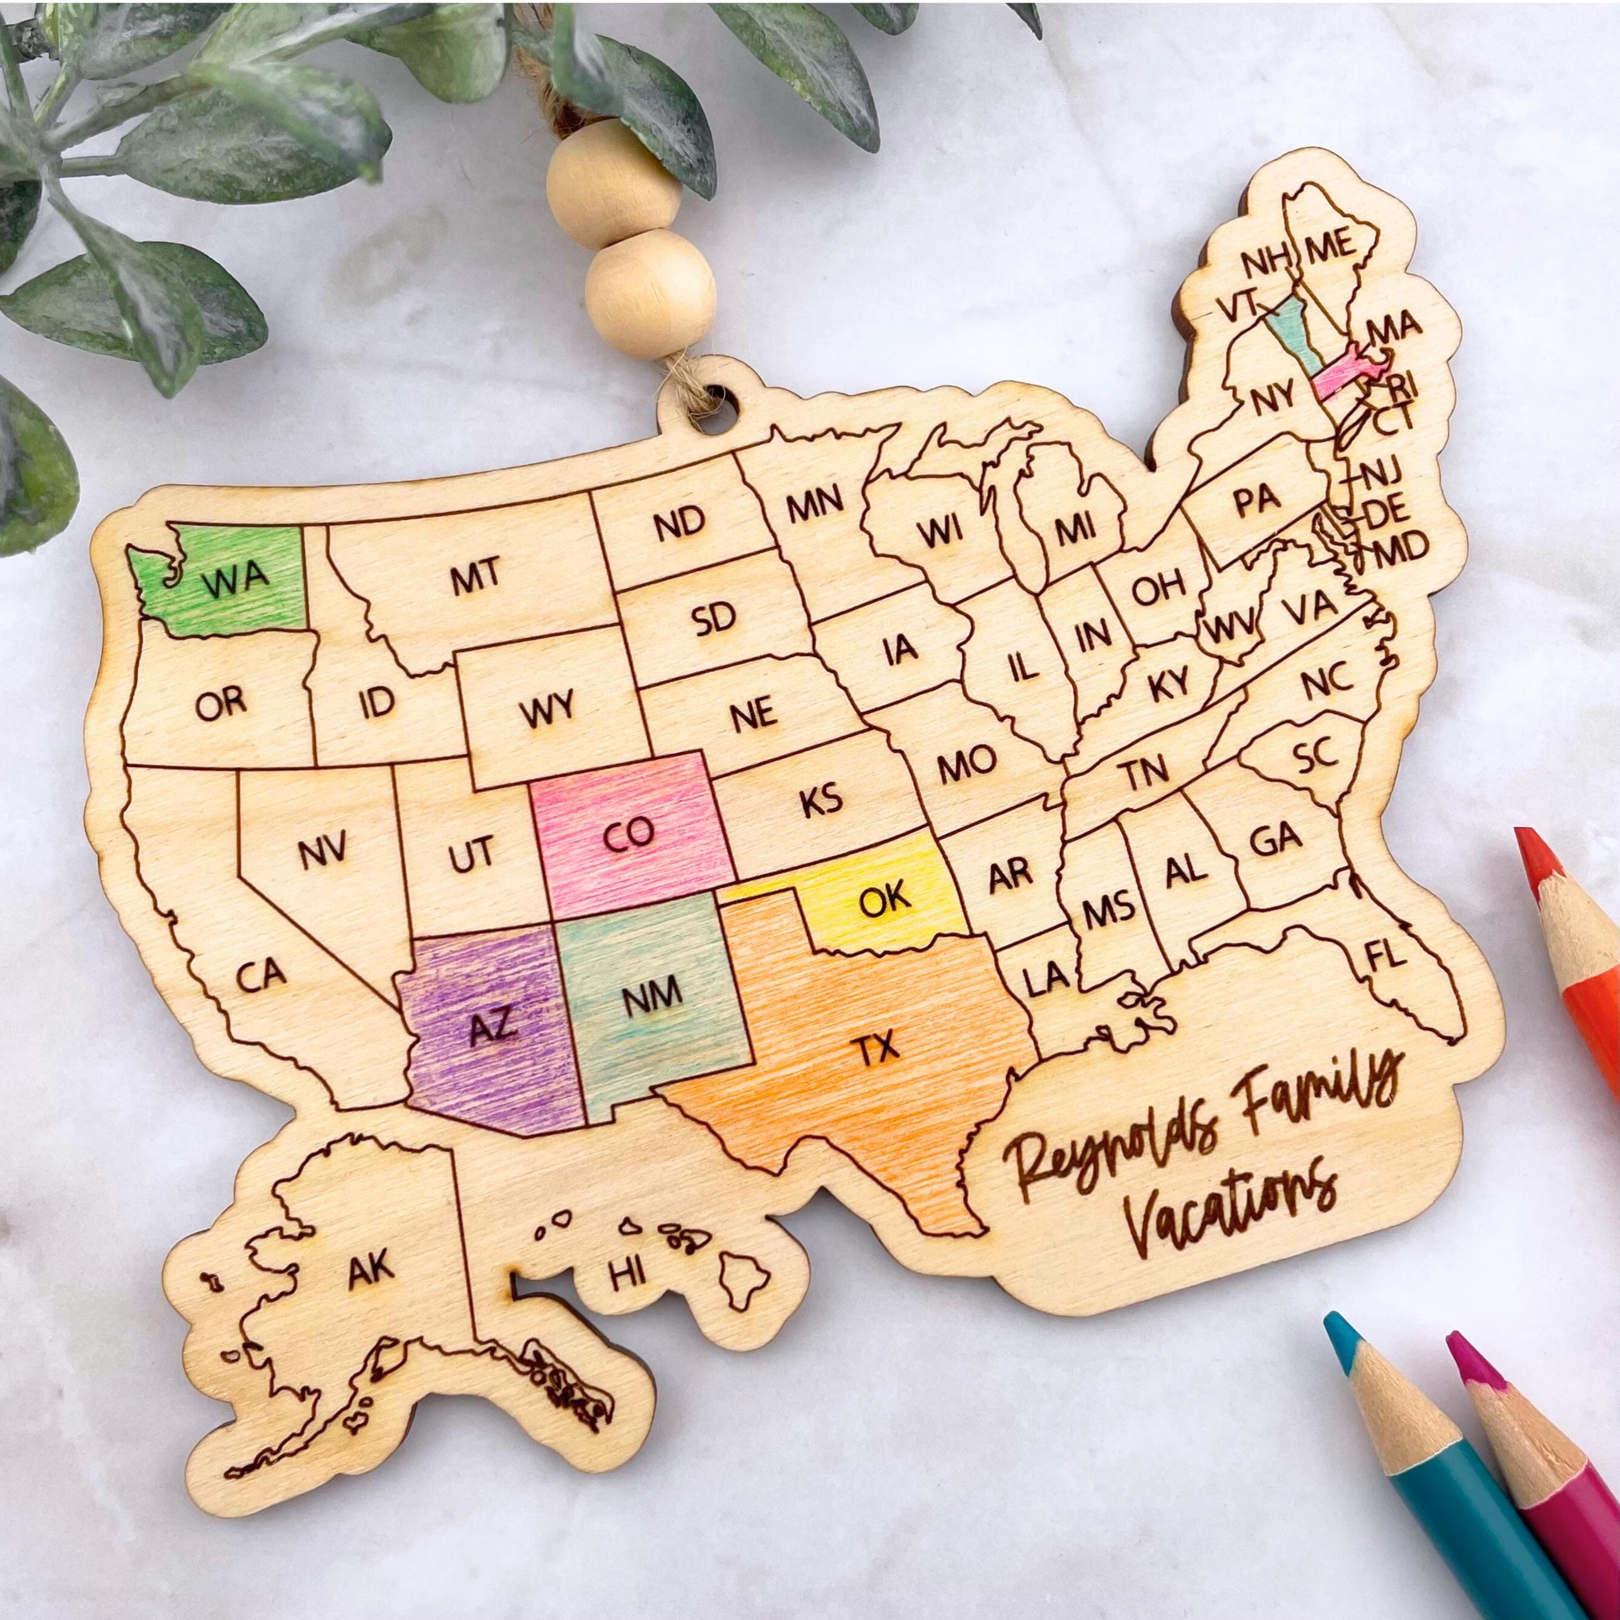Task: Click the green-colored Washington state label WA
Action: click(235, 578)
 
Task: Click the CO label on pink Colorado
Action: click(628, 834)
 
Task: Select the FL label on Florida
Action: click(1385, 956)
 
